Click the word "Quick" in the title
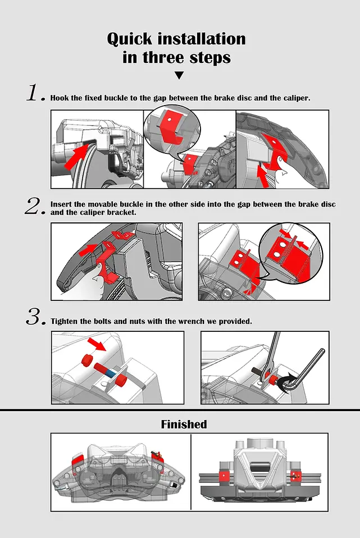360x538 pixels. [x=129, y=39]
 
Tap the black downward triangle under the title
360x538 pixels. [x=179, y=75]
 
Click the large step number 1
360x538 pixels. [x=36, y=93]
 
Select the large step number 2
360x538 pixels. [x=35, y=206]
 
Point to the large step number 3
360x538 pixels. [x=36, y=316]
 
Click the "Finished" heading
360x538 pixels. [x=184, y=425]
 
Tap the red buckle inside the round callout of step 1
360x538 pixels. [x=170, y=126]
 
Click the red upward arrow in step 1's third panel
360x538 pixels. [x=263, y=176]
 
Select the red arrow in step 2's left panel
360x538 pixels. [x=88, y=250]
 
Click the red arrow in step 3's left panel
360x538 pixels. [x=97, y=344]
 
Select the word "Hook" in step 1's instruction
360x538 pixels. [x=60, y=98]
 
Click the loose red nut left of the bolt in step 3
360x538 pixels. [x=87, y=359]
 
